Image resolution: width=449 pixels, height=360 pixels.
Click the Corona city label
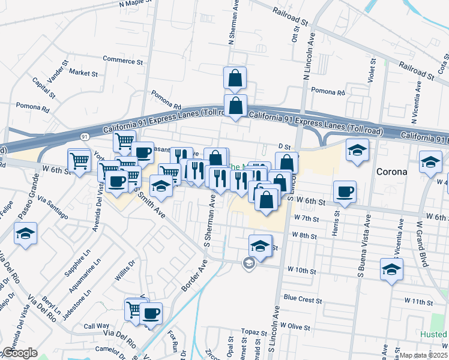click(391, 171)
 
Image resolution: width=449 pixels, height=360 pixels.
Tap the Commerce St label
click(123, 61)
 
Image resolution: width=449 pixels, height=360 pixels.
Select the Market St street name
click(83, 73)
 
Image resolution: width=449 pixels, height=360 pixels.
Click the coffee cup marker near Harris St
click(345, 191)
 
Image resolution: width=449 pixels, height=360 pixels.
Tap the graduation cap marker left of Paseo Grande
click(25, 233)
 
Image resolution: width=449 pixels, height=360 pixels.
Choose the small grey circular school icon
click(249, 263)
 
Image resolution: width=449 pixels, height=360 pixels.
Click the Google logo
click(19, 353)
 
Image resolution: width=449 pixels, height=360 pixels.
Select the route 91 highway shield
click(86, 137)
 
